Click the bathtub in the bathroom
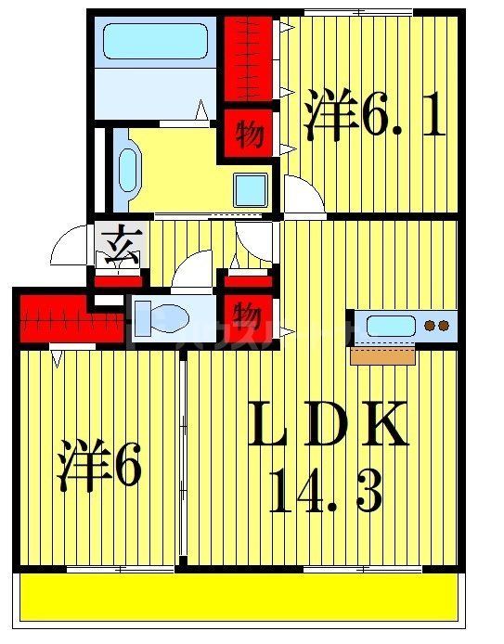[x=156, y=41]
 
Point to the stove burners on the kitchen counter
[x=436, y=326]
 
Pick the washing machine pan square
[x=250, y=189]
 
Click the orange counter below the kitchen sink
[x=382, y=354]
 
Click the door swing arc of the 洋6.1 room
[x=304, y=193]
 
